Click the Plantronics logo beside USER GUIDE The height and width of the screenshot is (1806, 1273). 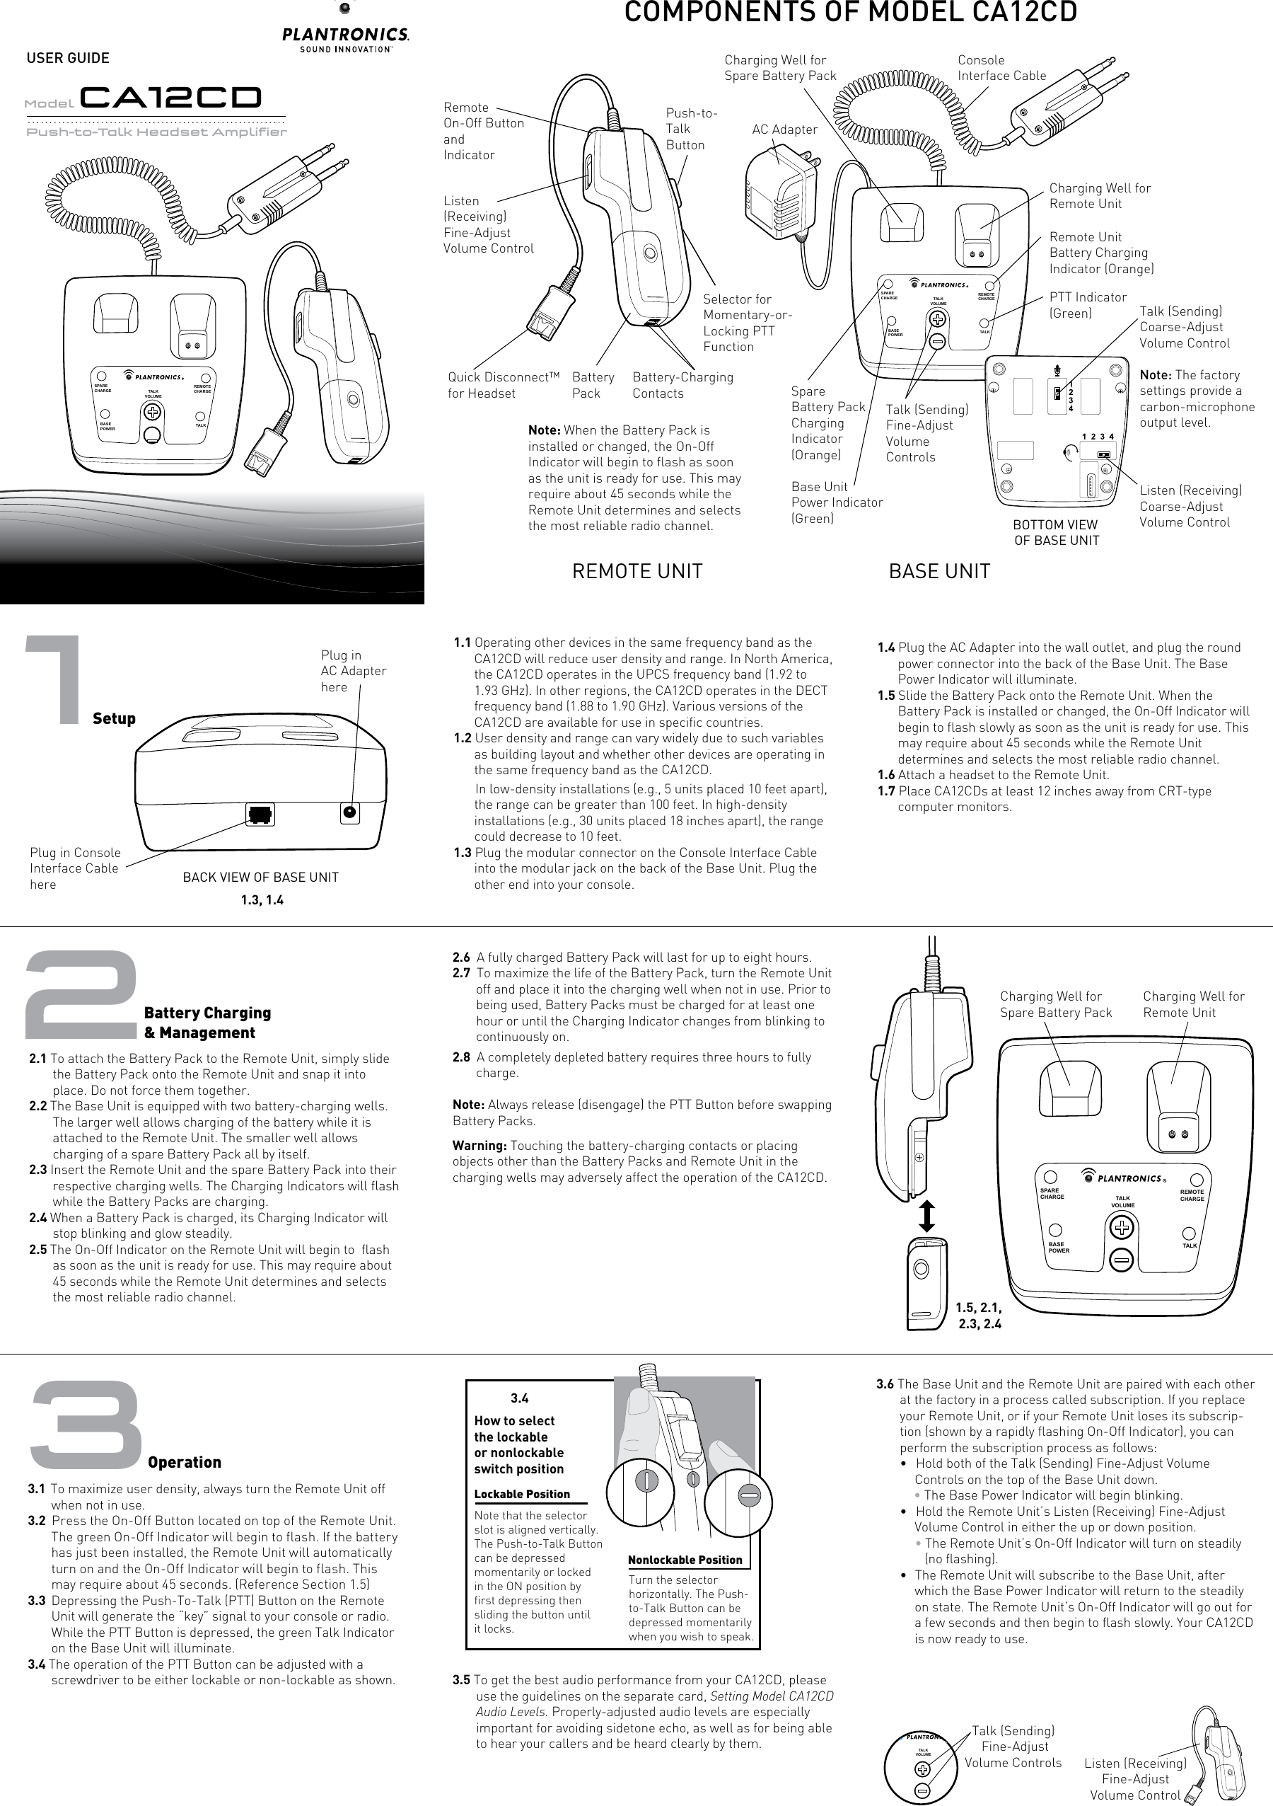(345, 40)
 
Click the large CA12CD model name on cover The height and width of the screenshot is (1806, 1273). (170, 98)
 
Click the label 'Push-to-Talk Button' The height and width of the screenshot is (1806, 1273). (690, 129)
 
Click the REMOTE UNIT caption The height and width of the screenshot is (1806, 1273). (637, 571)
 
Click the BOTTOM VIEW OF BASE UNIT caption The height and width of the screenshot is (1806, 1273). (1055, 531)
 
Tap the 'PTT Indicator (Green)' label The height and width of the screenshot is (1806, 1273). (1088, 304)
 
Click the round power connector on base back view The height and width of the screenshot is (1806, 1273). (350, 812)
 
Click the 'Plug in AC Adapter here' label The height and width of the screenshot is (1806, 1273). (353, 671)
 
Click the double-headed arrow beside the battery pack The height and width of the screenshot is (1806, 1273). (927, 1215)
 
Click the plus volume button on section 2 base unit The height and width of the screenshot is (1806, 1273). (1122, 1227)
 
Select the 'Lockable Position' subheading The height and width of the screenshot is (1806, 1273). (521, 1494)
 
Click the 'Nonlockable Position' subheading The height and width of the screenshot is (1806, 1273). (684, 1560)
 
